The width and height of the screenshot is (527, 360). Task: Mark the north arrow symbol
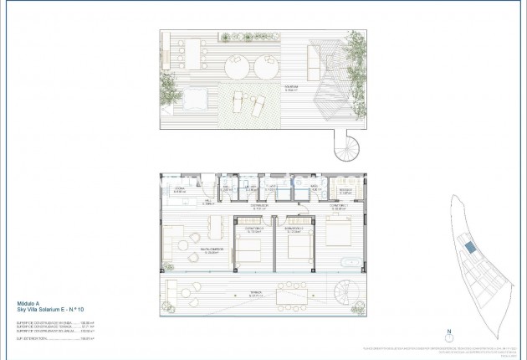[x=448, y=338]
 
